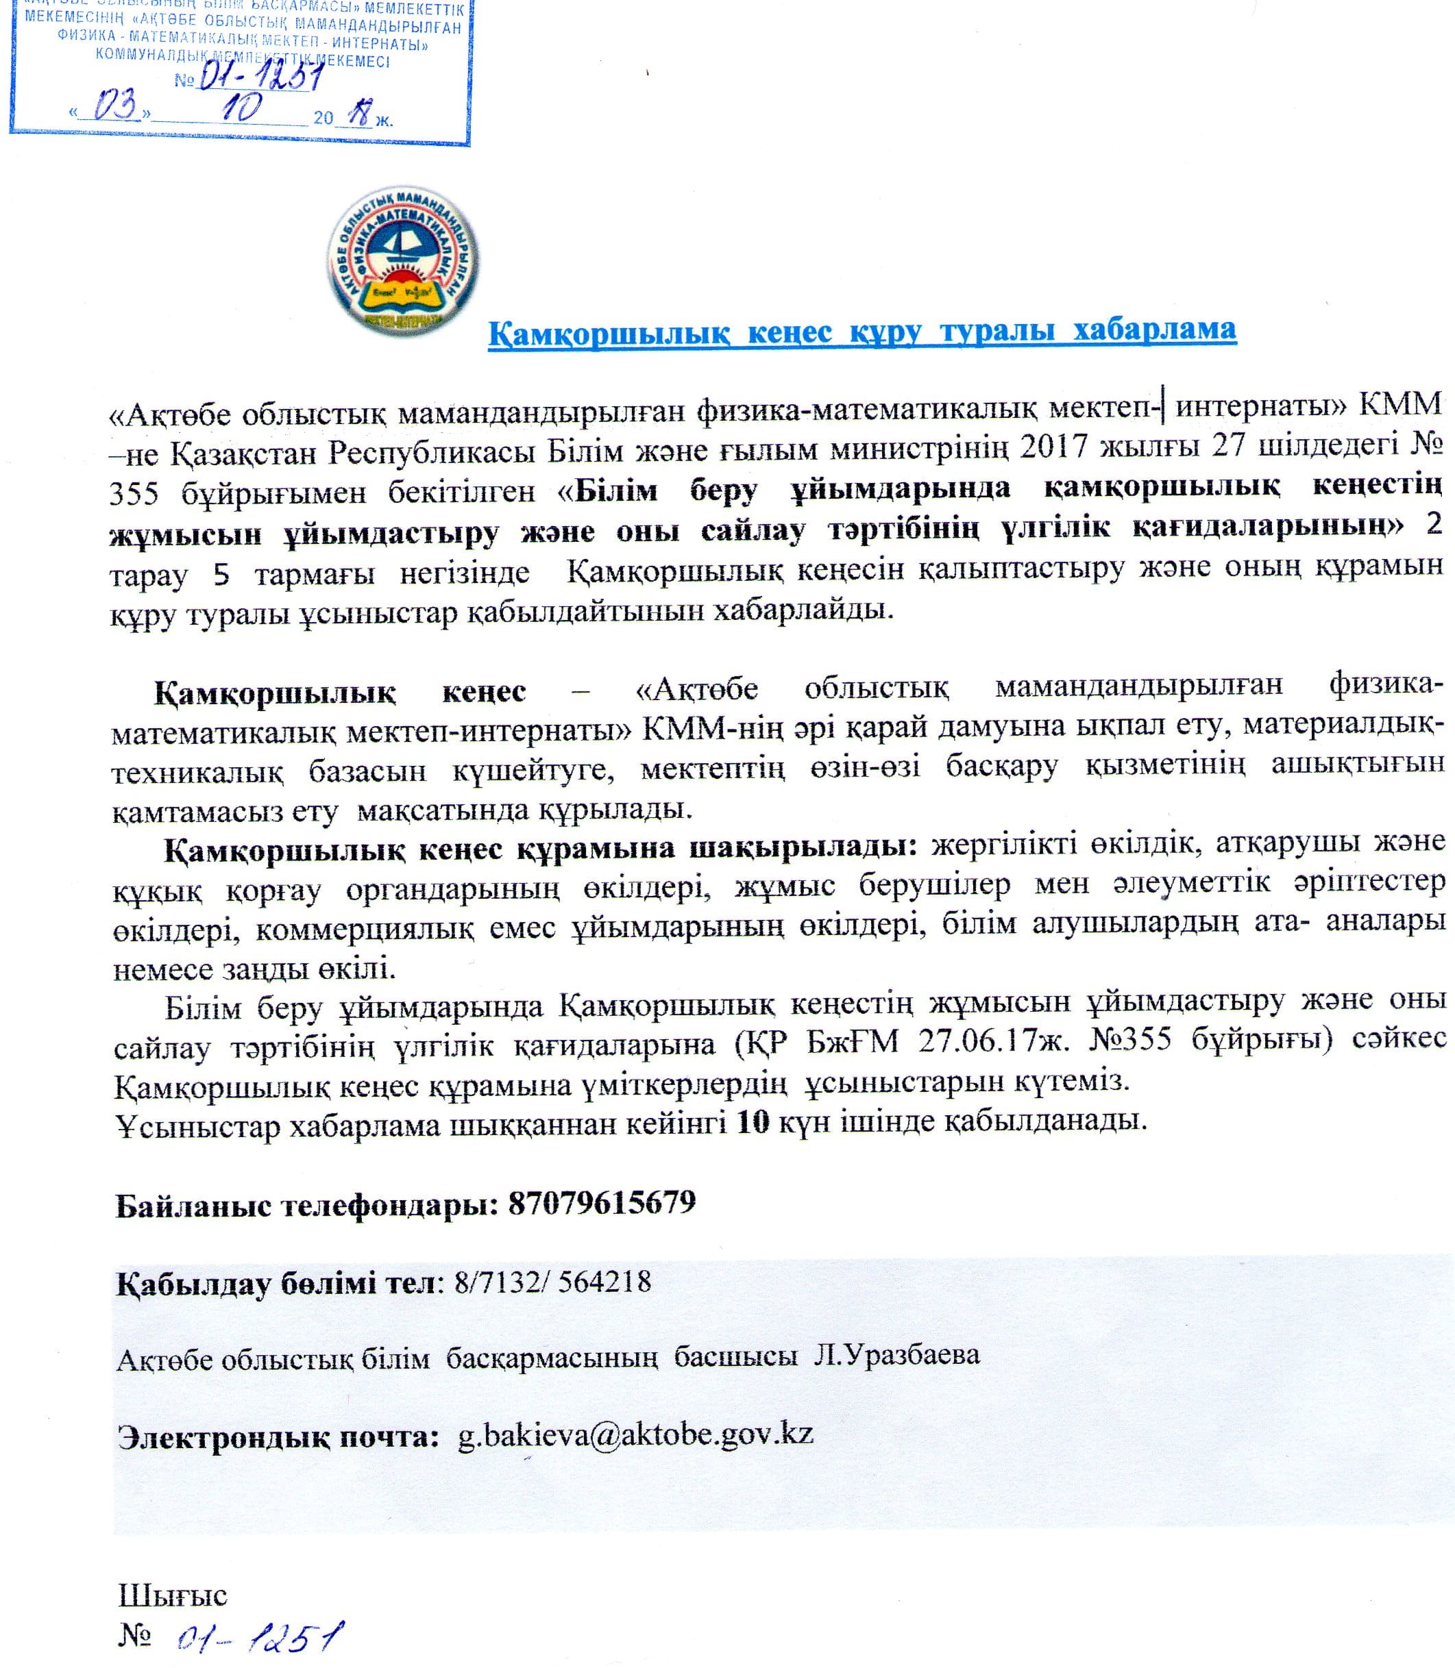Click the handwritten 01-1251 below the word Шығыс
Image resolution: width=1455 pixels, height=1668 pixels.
[x=260, y=1637]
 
